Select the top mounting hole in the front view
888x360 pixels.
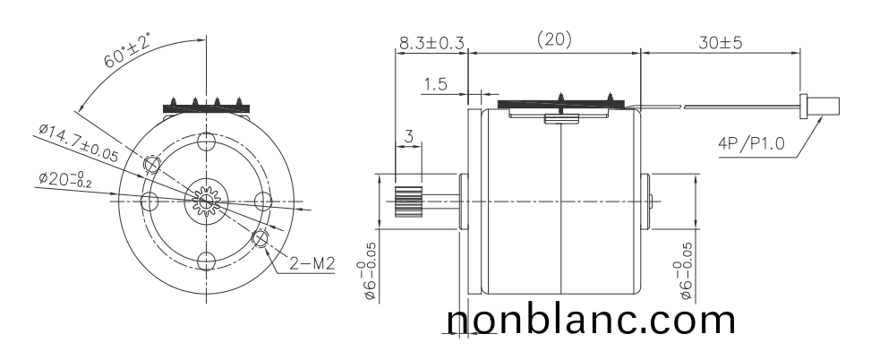point(207,141)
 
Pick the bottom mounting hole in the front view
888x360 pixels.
point(207,261)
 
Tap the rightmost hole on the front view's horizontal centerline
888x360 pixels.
point(264,200)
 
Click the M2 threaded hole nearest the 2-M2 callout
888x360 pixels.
point(260,238)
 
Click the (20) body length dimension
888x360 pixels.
point(554,40)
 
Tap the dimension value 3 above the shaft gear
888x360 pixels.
point(409,136)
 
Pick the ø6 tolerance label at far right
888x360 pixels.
point(685,269)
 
